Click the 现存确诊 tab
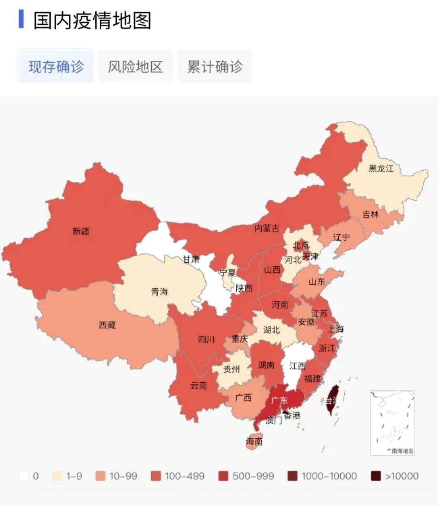tap(56, 66)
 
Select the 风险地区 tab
tap(135, 66)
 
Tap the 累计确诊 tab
tap(215, 66)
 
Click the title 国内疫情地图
tap(92, 20)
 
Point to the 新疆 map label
tap(81, 231)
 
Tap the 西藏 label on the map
tap(107, 325)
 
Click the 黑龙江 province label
tap(381, 168)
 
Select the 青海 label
tap(159, 292)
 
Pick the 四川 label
tap(206, 339)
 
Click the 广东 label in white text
tap(279, 400)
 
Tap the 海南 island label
tap(254, 441)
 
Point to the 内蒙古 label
tap(266, 228)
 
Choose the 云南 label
tap(199, 385)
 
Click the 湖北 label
tap(271, 330)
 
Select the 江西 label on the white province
tap(297, 366)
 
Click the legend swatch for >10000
tap(376, 476)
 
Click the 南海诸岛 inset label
tap(402, 450)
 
